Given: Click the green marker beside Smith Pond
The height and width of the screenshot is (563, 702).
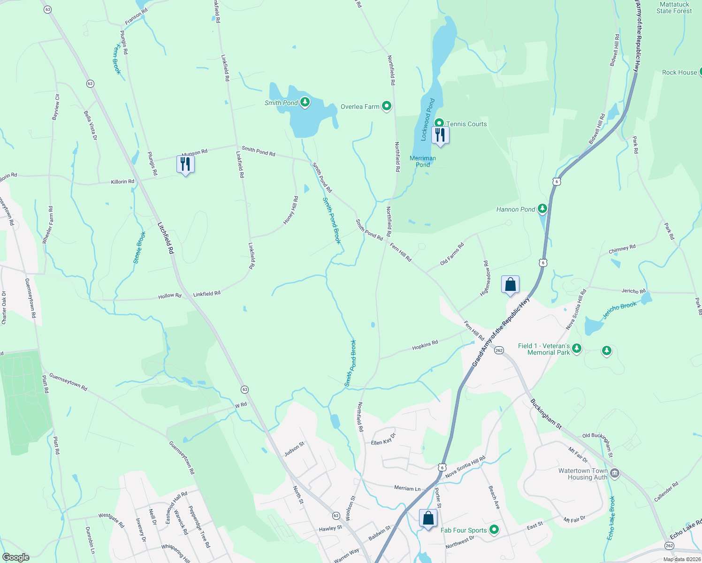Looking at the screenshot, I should click(x=305, y=102).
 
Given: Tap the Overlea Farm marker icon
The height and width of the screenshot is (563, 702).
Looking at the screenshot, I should click(x=386, y=107).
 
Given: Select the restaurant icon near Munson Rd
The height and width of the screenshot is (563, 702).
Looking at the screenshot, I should click(x=185, y=164).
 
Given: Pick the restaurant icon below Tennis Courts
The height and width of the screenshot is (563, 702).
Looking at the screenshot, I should click(x=440, y=135).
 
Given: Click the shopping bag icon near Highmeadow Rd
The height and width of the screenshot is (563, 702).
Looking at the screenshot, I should click(x=510, y=285).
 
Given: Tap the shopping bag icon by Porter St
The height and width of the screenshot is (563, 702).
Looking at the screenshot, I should click(x=428, y=518).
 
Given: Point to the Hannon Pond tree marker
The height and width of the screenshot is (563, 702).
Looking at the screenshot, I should click(x=542, y=208).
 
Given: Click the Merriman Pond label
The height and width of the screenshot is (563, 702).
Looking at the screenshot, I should click(x=423, y=161).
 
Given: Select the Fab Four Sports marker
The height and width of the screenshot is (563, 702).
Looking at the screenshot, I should click(x=494, y=530).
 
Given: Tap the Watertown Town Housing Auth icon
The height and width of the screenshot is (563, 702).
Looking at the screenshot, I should click(x=615, y=474).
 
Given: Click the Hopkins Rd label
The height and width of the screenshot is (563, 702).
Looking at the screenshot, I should click(x=425, y=345).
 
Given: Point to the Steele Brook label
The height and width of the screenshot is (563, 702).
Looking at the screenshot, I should click(x=140, y=247).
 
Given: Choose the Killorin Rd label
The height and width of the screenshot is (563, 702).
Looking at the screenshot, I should click(x=122, y=182).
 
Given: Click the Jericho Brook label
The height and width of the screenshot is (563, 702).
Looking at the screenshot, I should click(x=619, y=311).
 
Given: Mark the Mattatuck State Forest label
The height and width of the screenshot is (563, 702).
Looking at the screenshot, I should click(x=674, y=8).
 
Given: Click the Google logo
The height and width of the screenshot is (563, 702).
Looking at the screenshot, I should click(x=16, y=557).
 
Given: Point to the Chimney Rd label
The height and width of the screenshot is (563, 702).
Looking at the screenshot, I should click(x=622, y=249).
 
